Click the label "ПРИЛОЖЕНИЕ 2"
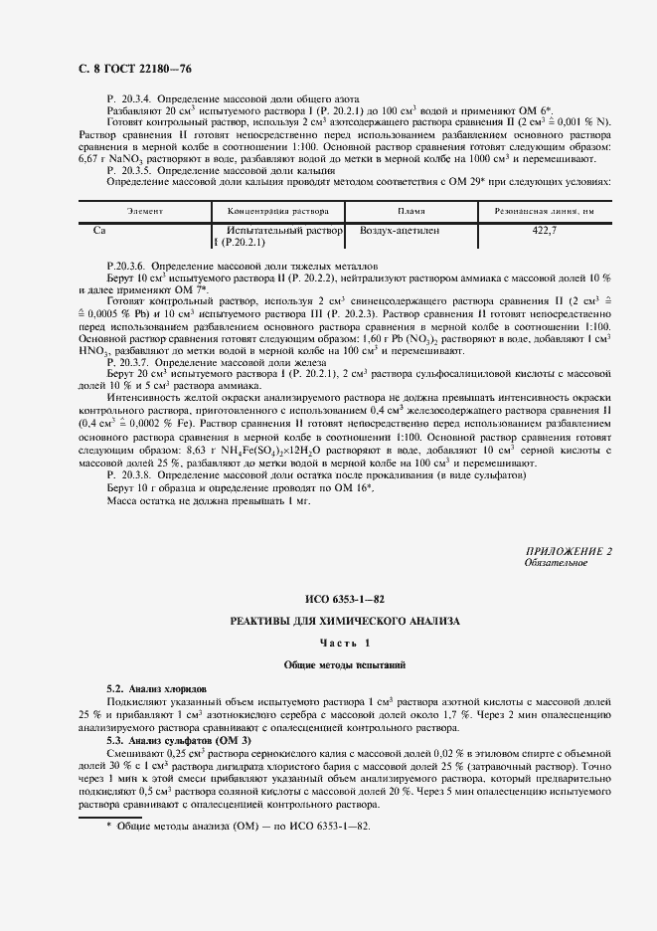pos(571,551)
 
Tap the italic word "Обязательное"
pos(556,563)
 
